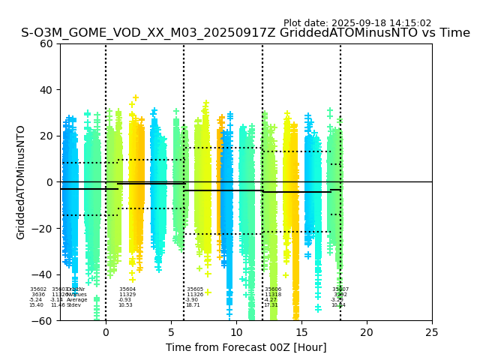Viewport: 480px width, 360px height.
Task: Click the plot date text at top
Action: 357,23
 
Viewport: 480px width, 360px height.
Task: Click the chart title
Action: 245,33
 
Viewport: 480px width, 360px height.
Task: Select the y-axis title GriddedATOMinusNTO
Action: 21,182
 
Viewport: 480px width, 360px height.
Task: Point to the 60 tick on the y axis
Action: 46,43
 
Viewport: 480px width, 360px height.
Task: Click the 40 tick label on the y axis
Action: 46,90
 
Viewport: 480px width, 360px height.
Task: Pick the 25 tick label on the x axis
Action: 432,332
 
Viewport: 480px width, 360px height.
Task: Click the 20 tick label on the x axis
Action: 367,332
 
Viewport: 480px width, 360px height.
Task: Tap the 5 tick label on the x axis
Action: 171,332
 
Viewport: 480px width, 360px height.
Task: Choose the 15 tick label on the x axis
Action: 301,332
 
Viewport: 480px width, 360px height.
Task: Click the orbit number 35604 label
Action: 127,289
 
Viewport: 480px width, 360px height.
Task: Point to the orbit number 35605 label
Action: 195,289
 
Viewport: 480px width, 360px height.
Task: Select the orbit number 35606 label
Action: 273,289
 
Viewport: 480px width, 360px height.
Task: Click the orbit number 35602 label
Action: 38,289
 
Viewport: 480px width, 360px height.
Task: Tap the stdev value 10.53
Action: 125,305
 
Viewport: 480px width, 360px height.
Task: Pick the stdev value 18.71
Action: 193,305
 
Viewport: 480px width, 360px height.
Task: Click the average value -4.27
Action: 271,300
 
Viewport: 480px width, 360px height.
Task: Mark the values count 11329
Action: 127,295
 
